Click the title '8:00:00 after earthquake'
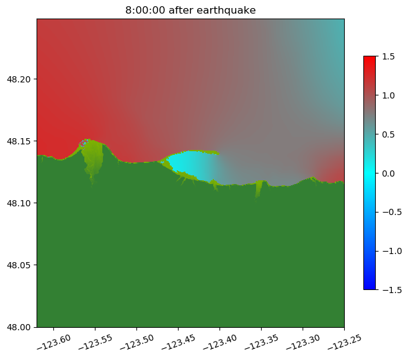pyautogui.click(x=190, y=10)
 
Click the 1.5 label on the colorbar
pyautogui.click(x=388, y=56)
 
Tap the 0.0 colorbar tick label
pyautogui.click(x=388, y=173)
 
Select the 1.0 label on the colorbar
pyautogui.click(x=388, y=95)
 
